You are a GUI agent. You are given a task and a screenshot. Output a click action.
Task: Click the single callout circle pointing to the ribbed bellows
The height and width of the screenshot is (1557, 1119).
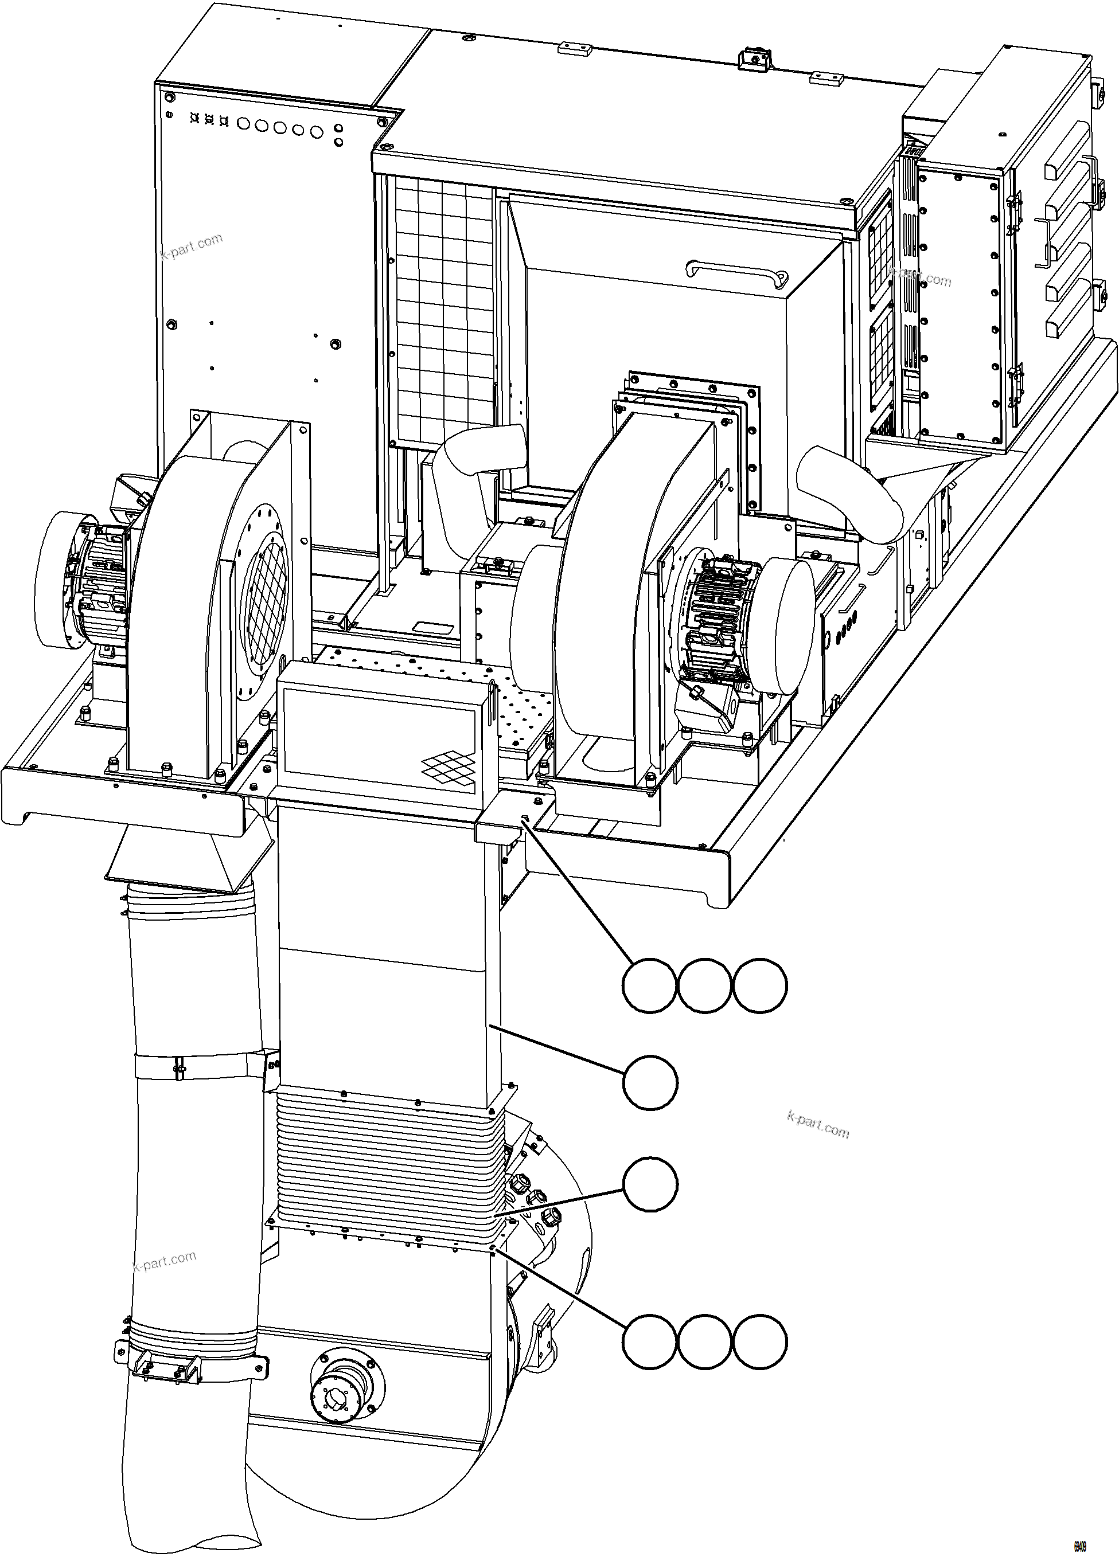pyautogui.click(x=650, y=1184)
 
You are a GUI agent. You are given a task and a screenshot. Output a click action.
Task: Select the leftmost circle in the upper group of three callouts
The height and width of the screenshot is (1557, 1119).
pyautogui.click(x=649, y=986)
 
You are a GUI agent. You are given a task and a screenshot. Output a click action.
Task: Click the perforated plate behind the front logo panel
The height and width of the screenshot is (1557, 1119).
pyautogui.click(x=522, y=714)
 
